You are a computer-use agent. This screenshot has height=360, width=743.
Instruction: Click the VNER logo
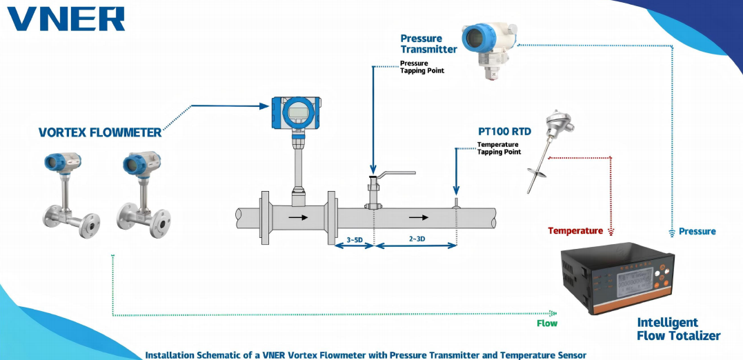(66, 19)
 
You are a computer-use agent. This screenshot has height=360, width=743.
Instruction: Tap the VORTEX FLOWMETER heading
(99, 133)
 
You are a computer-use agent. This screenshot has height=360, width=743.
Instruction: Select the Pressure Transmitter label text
(428, 44)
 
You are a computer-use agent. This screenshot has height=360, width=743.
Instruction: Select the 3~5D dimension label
(353, 239)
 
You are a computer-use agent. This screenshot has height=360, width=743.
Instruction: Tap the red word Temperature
(575, 231)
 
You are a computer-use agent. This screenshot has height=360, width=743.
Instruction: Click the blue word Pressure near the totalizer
(697, 231)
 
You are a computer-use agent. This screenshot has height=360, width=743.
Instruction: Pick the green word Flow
(547, 323)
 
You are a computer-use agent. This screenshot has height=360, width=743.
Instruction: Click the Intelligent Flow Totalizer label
(678, 329)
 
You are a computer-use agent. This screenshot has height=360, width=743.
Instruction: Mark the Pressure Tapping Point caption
(422, 67)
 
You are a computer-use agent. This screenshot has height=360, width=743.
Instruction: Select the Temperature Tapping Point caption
(499, 148)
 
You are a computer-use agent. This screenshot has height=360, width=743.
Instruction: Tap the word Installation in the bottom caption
(172, 354)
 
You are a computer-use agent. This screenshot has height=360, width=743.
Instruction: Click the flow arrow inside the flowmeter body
(299, 217)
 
